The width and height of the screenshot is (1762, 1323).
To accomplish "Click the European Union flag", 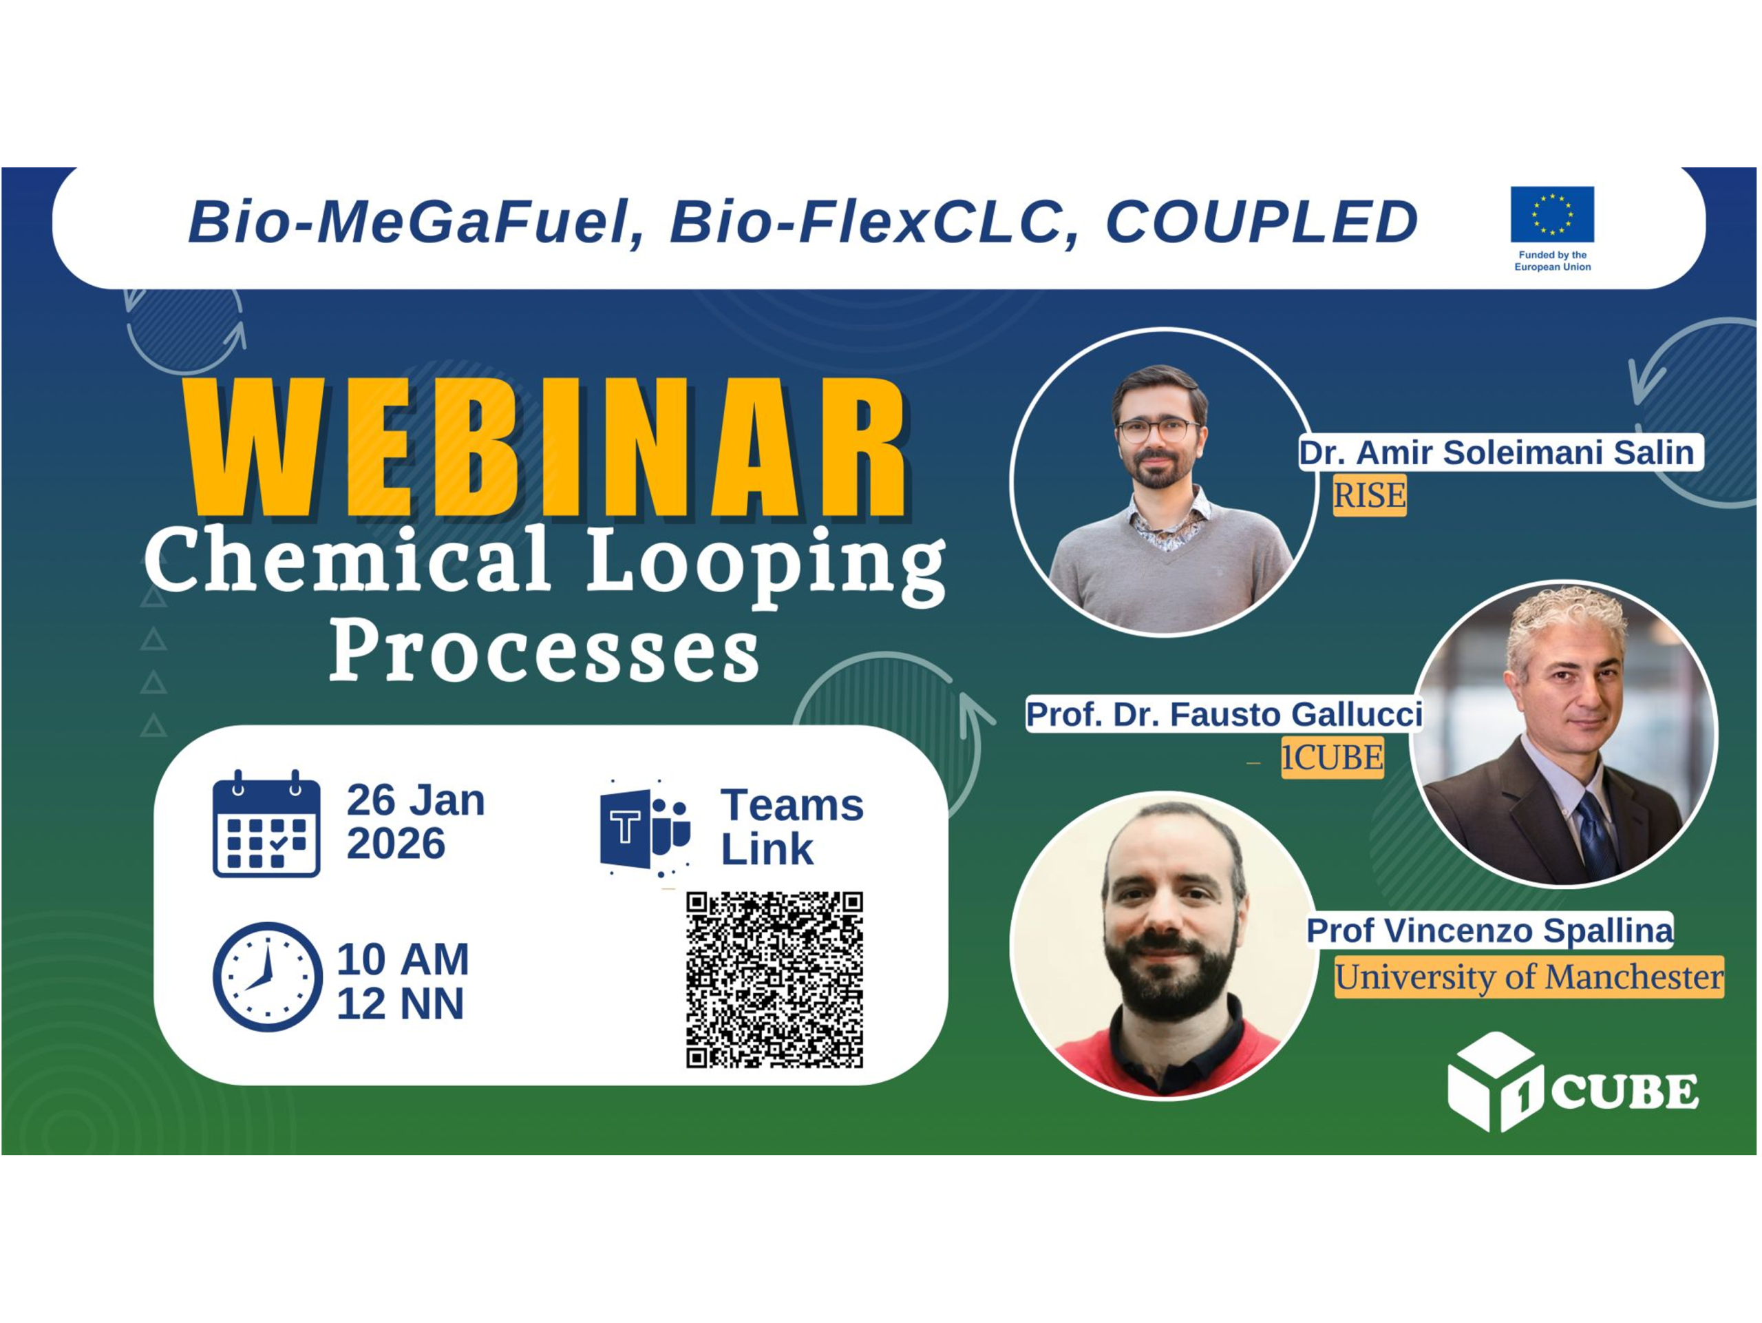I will coord(1551,213).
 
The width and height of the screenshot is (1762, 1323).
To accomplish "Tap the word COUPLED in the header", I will coord(1261,222).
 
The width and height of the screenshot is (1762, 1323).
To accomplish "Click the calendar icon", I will coord(266,825).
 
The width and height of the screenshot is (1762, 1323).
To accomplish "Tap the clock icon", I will coord(267,977).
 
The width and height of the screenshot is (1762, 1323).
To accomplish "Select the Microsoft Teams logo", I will coord(644,829).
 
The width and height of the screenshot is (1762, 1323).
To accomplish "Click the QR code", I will coord(774,979).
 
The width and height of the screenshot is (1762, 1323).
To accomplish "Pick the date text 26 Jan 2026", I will coord(415,822).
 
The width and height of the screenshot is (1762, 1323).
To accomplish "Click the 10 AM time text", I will coord(402,959).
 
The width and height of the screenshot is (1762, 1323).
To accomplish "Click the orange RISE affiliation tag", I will coord(1369,495).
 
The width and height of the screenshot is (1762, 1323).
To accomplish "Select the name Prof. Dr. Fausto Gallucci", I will coord(1224,713).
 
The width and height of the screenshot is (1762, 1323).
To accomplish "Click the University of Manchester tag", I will coord(1529,977).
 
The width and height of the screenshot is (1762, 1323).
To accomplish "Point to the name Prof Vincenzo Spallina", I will coord(1489,930).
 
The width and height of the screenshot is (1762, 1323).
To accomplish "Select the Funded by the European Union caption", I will coord(1551,260).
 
